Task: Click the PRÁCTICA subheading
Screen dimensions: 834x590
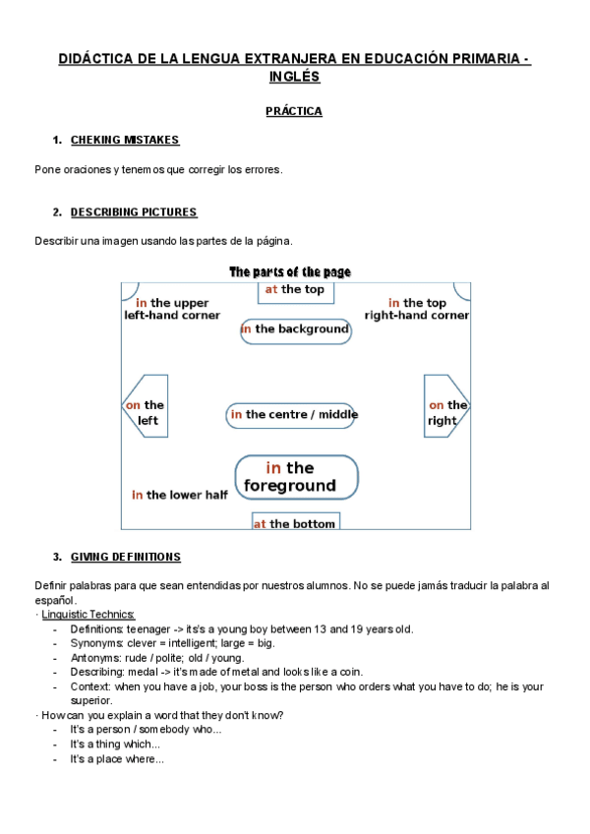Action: pyautogui.click(x=293, y=111)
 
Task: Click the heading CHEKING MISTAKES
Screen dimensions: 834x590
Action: pyautogui.click(x=124, y=141)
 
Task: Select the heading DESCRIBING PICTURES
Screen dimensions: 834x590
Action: pyautogui.click(x=134, y=211)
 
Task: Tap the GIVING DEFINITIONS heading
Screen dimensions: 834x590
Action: pyautogui.click(x=125, y=557)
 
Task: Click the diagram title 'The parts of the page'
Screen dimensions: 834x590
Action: pyautogui.click(x=289, y=271)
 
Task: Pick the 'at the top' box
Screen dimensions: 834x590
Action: pyautogui.click(x=294, y=290)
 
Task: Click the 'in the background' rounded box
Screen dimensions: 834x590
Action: pyautogui.click(x=295, y=329)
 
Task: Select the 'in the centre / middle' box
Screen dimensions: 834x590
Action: pyautogui.click(x=293, y=415)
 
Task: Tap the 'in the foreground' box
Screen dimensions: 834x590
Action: pyautogui.click(x=296, y=477)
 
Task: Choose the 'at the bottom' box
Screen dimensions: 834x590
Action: pyautogui.click(x=295, y=523)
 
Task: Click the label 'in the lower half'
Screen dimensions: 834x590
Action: pyautogui.click(x=180, y=495)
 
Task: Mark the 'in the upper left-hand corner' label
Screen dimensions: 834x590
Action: pyautogui.click(x=172, y=309)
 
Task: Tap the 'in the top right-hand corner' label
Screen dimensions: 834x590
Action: pyautogui.click(x=417, y=309)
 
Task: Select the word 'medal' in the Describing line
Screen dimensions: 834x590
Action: pyautogui.click(x=143, y=673)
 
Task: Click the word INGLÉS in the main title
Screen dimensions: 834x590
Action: pyautogui.click(x=293, y=77)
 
